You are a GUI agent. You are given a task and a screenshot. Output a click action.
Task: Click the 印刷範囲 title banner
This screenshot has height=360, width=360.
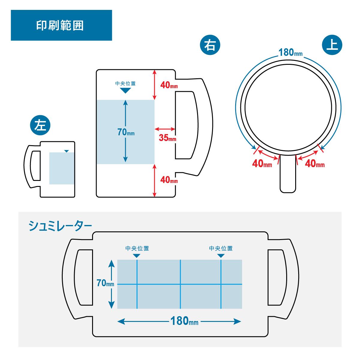coord(61,25)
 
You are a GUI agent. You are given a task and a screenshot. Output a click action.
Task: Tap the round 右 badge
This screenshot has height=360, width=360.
coord(210,45)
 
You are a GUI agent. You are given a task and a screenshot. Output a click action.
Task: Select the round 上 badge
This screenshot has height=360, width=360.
coord(332,45)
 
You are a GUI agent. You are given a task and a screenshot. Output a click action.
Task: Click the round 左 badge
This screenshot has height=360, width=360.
coord(40,125)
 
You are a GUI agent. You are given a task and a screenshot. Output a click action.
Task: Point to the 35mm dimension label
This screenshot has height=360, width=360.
coord(167,138)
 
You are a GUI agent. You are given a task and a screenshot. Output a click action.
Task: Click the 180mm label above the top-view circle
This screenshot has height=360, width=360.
coord(290,52)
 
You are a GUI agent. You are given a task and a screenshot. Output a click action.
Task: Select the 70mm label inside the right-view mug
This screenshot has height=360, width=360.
coord(126,132)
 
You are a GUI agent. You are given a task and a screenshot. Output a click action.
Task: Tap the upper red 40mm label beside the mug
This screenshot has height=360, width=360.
coord(169,85)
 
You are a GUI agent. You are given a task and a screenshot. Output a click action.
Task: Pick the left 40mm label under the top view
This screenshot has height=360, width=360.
coord(262,163)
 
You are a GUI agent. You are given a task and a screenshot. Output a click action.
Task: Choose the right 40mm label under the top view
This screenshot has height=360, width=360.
coord(315,163)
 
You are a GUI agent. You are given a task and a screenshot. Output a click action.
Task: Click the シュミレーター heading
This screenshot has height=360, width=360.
coord(60,226)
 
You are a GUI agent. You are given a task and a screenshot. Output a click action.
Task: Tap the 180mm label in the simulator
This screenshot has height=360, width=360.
coord(184,321)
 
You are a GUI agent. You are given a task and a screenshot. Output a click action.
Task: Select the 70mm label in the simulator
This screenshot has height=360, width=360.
coord(105,283)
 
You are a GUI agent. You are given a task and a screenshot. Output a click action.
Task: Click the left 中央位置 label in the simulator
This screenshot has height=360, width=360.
coord(137,248)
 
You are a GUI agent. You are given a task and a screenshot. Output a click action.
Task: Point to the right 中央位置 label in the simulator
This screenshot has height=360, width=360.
coord(221,248)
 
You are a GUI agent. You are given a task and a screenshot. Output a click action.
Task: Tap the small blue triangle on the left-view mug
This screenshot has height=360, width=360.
coord(66,151)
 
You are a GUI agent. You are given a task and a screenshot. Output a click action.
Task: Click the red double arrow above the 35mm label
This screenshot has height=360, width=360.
coord(165,129)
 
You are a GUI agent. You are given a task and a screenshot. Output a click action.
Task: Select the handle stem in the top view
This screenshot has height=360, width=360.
coord(288,174)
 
